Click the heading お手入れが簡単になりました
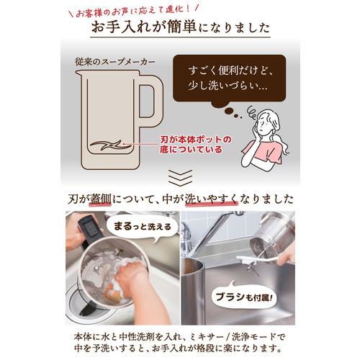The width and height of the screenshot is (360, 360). [x=180, y=29]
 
